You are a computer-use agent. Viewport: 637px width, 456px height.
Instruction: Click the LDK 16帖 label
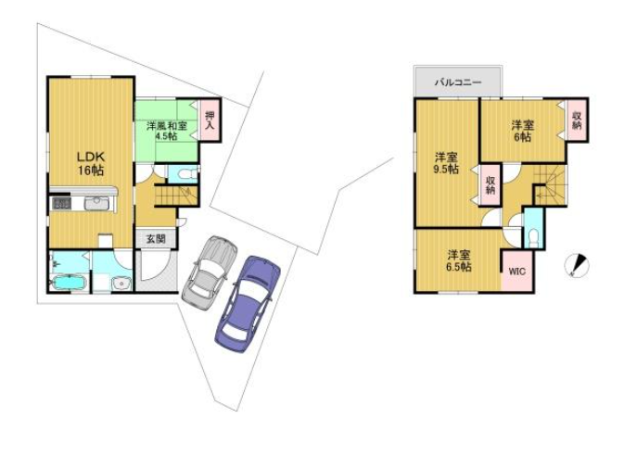pyautogui.click(x=92, y=163)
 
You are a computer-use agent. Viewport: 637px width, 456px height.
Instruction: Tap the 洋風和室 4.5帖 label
pyautogui.click(x=167, y=131)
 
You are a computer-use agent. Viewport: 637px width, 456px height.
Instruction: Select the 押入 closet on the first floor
pyautogui.click(x=210, y=120)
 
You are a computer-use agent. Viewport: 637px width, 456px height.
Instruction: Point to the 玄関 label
pyautogui.click(x=156, y=239)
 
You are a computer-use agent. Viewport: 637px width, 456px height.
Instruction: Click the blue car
pyautogui.click(x=248, y=304)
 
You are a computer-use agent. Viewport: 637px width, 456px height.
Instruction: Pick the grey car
pyautogui.click(x=210, y=272)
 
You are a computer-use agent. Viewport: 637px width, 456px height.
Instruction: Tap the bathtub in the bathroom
pyautogui.click(x=69, y=283)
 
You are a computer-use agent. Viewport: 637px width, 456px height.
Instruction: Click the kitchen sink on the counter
pyautogui.click(x=96, y=203)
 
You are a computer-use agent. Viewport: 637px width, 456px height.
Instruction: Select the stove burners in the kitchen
pyautogui.click(x=61, y=203)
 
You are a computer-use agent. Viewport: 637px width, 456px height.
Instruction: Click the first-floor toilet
pyautogui.click(x=185, y=174)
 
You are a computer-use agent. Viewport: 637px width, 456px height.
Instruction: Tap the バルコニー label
pyautogui.click(x=458, y=82)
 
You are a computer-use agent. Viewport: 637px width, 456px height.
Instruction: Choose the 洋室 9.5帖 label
pyautogui.click(x=446, y=163)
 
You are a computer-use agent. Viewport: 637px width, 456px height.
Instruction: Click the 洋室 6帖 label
pyautogui.click(x=522, y=131)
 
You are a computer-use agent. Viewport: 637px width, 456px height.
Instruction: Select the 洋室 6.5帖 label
pyautogui.click(x=459, y=260)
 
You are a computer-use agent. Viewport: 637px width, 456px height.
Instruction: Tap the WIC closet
pyautogui.click(x=516, y=271)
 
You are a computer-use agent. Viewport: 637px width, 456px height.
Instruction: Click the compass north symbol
pyautogui.click(x=577, y=266)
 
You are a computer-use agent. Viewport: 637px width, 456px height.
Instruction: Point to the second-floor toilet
pyautogui.click(x=533, y=238)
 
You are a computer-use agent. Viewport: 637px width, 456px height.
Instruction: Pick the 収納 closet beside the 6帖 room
pyautogui.click(x=577, y=120)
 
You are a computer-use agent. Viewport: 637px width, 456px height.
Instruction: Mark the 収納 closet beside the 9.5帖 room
pyautogui.click(x=490, y=184)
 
